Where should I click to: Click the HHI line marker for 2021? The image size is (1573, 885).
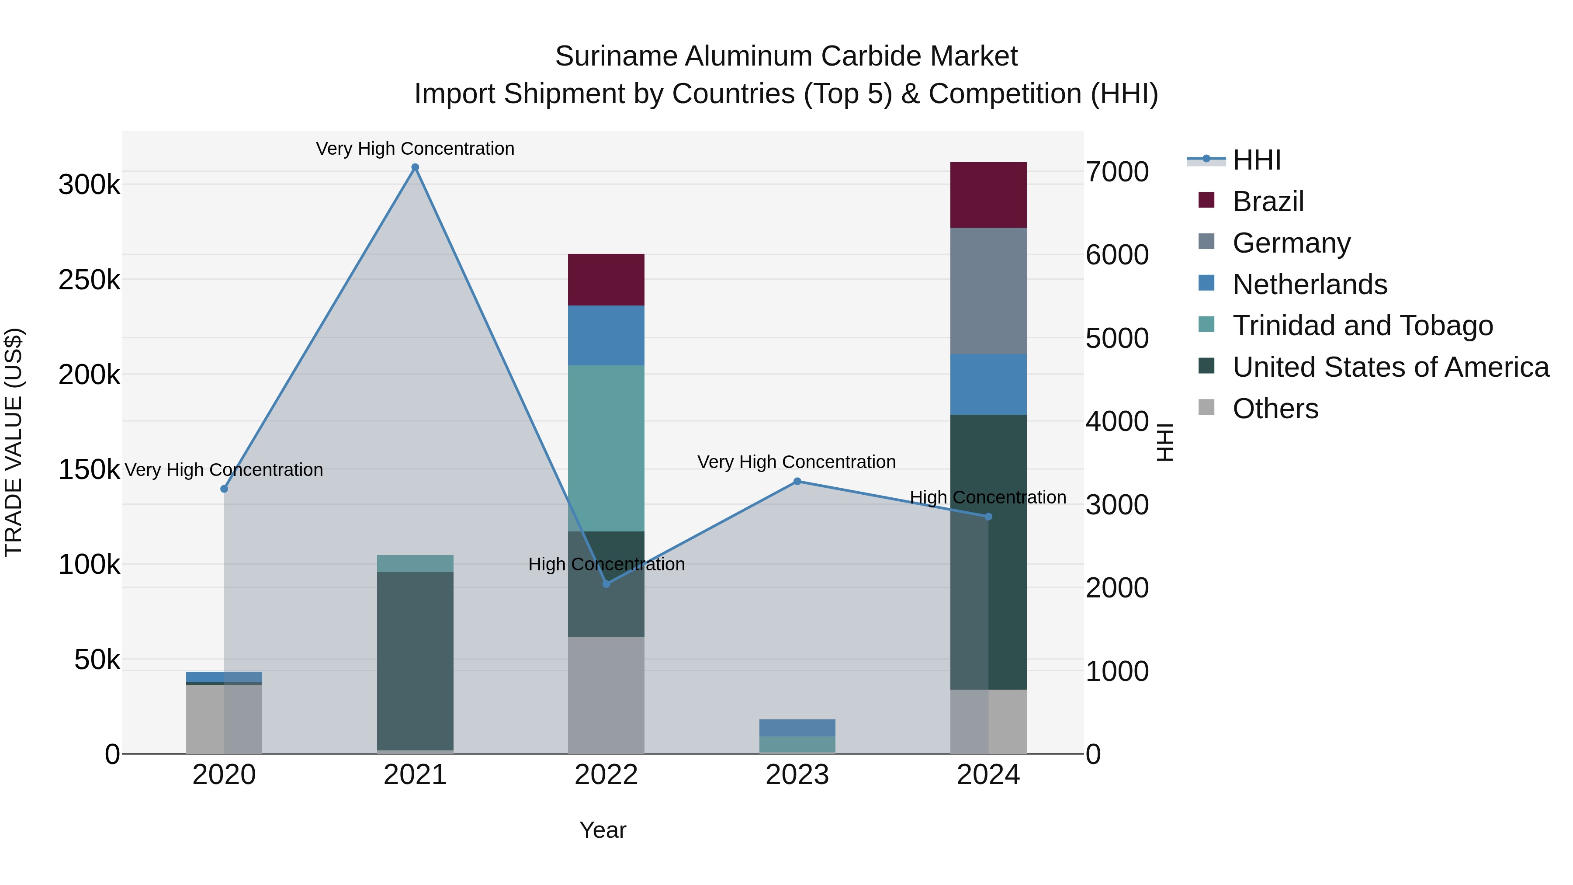(415, 167)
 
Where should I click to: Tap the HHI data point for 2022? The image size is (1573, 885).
(606, 584)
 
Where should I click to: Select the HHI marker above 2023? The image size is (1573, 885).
(797, 481)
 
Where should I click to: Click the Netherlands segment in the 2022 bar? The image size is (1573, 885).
(606, 335)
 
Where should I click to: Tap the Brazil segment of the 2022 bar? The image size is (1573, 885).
(606, 280)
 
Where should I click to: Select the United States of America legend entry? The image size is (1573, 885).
(1390, 367)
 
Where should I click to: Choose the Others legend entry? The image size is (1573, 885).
(1275, 409)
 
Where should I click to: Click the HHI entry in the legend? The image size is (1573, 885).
(1256, 160)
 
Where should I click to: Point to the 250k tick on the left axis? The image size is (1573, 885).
(89, 280)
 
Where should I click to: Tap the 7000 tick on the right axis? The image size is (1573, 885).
(1117, 172)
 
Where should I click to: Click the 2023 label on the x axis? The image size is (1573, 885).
(797, 775)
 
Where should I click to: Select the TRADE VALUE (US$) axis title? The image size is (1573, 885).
(14, 442)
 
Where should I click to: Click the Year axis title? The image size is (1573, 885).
(603, 830)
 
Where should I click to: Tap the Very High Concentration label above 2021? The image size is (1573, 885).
(415, 149)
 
